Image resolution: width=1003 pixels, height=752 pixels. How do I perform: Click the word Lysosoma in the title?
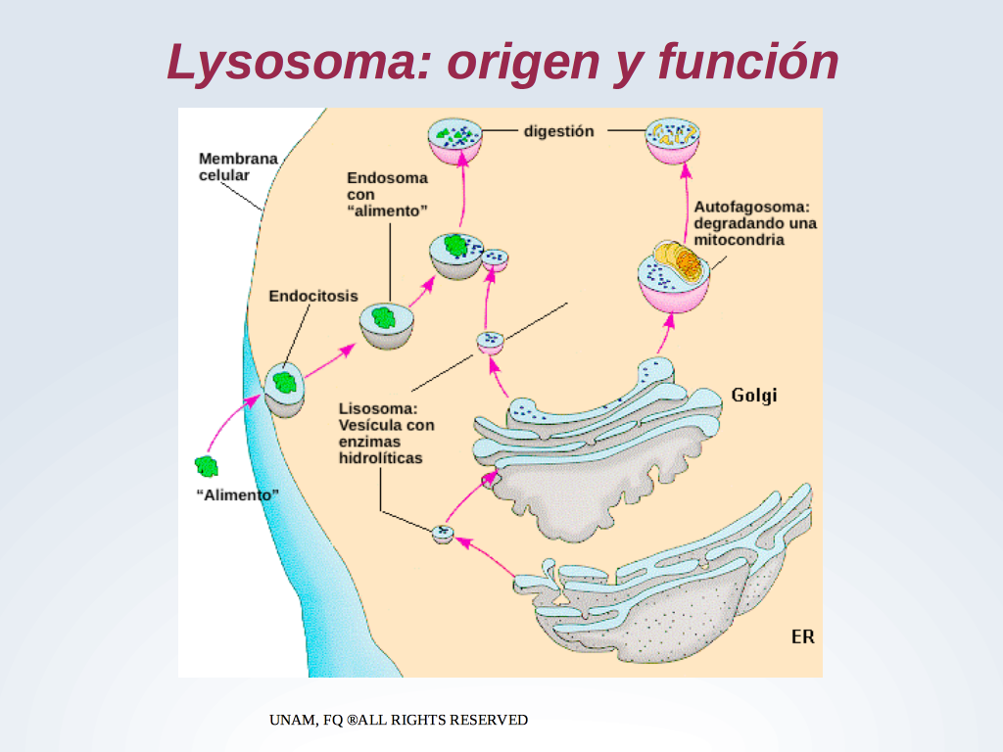[x=299, y=63]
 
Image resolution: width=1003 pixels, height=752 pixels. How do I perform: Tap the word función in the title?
[x=747, y=62]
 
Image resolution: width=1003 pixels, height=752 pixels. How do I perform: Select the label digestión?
[x=559, y=131]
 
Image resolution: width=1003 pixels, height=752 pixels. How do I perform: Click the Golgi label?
[x=754, y=396]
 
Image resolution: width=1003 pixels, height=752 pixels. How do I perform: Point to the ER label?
[x=803, y=636]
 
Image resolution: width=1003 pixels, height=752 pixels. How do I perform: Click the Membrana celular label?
[x=238, y=166]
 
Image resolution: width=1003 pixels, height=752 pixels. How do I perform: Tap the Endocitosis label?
[x=312, y=296]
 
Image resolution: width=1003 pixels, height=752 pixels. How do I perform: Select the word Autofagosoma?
[x=751, y=208]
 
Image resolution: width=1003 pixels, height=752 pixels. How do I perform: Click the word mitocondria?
[x=739, y=240]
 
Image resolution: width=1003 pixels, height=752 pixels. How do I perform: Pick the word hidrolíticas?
[x=381, y=458]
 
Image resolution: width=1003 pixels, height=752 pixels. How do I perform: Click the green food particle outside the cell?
[x=207, y=467]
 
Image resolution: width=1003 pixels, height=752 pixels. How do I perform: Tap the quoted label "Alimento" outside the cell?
[x=237, y=494]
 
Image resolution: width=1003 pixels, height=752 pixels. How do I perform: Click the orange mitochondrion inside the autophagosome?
[x=688, y=262]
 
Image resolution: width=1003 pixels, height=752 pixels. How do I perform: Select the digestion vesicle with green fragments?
[x=454, y=141]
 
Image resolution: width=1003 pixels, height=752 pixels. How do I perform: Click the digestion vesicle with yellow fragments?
[x=672, y=141]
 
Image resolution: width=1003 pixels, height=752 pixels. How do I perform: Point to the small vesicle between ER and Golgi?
[x=443, y=534]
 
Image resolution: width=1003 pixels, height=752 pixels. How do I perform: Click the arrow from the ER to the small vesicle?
[x=486, y=557]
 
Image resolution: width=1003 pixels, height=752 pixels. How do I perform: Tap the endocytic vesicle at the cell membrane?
[x=285, y=390]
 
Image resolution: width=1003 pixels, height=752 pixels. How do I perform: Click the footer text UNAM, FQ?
[x=307, y=720]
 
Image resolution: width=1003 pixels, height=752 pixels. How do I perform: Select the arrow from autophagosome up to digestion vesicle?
[x=687, y=204]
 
